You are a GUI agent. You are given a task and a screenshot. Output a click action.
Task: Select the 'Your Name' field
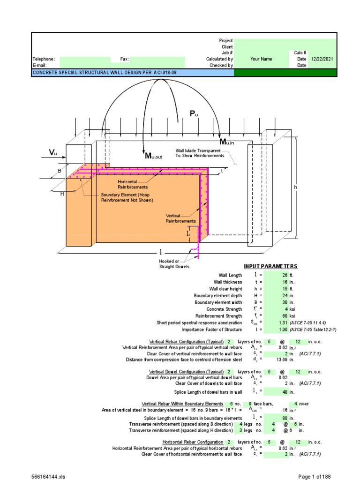click(261, 60)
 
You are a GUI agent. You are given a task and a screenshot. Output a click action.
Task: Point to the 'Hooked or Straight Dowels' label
click(174, 264)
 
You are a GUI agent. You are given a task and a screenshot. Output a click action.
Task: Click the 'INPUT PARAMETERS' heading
click(270, 266)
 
